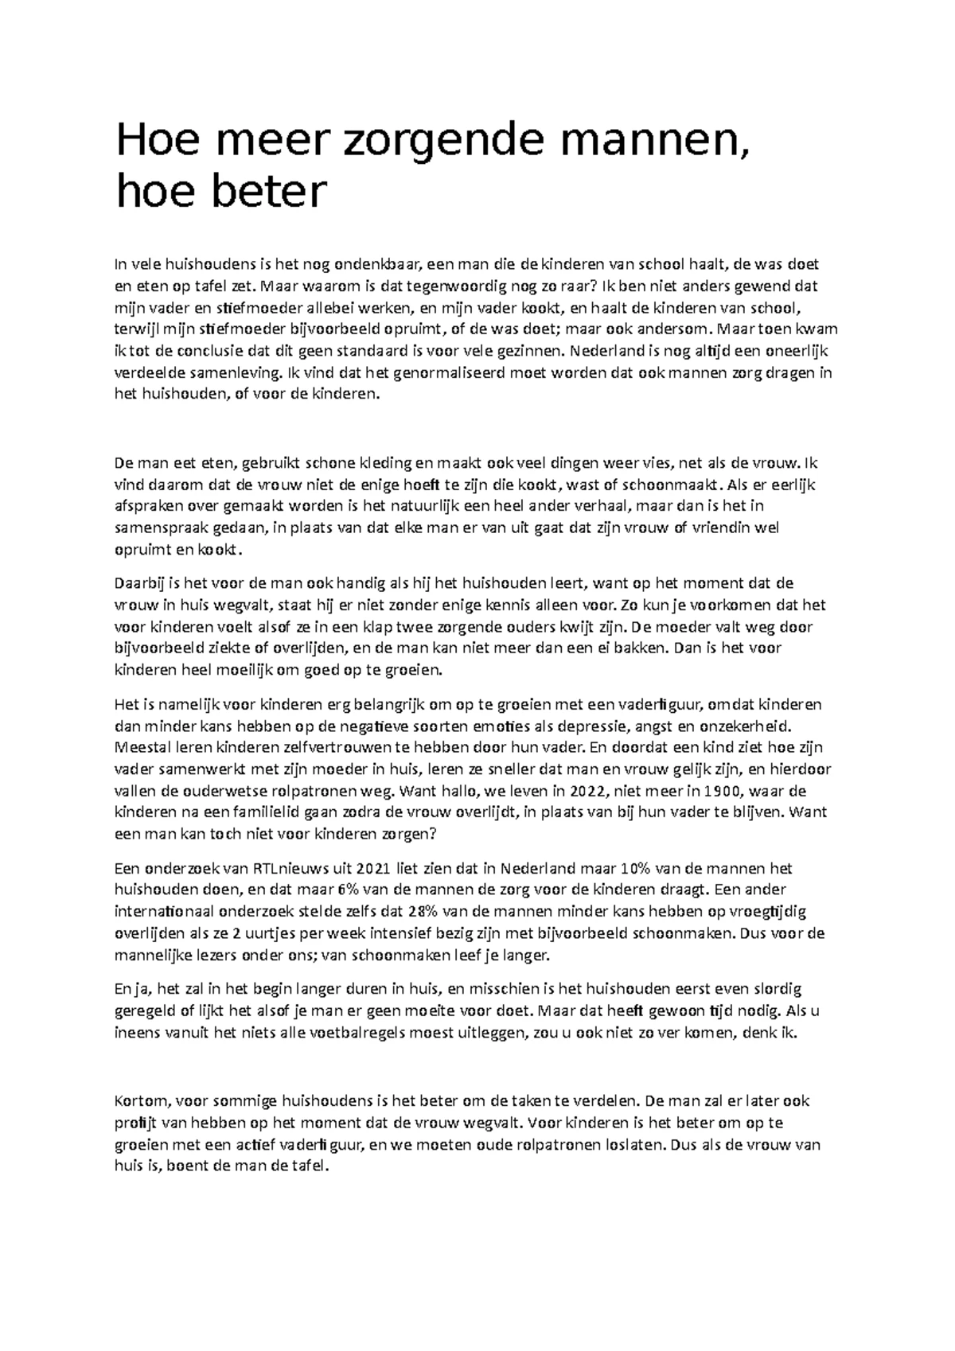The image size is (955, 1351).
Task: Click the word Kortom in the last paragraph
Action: point(142,1102)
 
